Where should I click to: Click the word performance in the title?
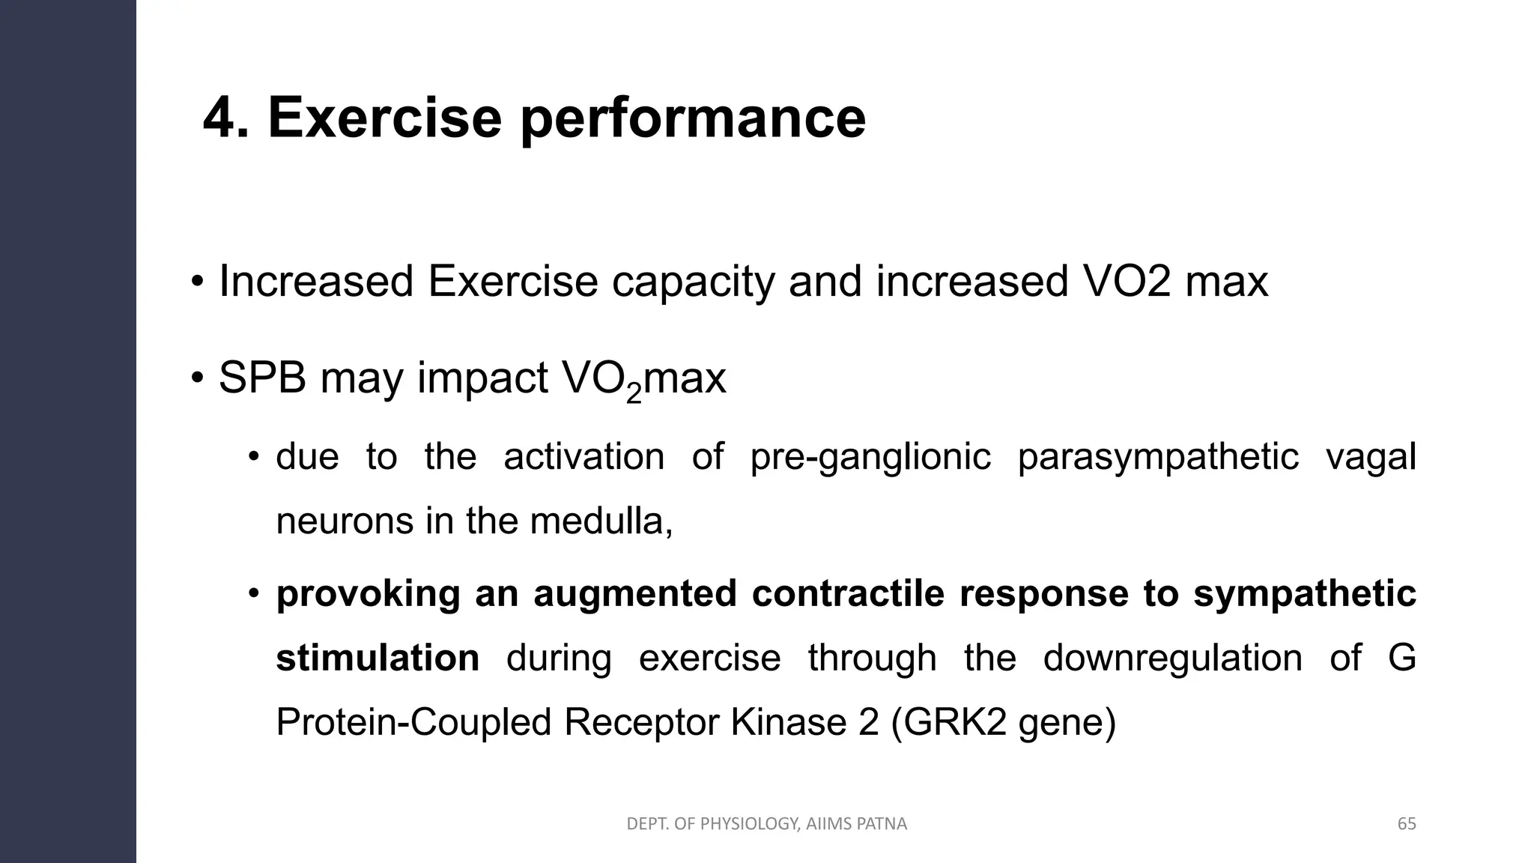pos(693,120)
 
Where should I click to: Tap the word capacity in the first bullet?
pos(694,282)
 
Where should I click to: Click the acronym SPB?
pos(262,378)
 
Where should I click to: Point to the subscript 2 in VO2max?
pos(634,393)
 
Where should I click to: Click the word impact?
pos(482,379)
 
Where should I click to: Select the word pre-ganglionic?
pos(870,457)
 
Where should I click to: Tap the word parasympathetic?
pos(1158,457)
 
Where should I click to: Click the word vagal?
pos(1371,457)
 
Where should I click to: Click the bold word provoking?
pos(368,594)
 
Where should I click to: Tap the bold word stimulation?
pos(378,658)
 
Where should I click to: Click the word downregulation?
pos(1172,658)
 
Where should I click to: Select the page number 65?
pos(1407,824)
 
